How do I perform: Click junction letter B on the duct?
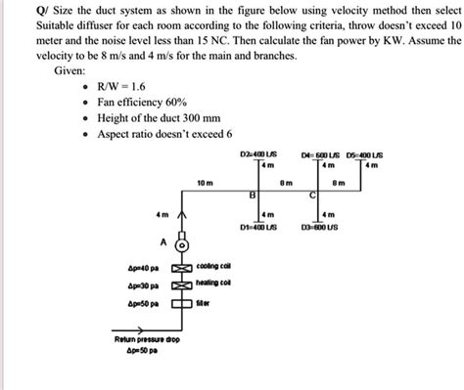(x=253, y=195)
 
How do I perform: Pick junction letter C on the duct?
(x=311, y=195)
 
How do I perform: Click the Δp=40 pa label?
(x=143, y=266)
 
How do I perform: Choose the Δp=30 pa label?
(x=143, y=285)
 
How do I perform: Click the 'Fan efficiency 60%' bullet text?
(x=138, y=101)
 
